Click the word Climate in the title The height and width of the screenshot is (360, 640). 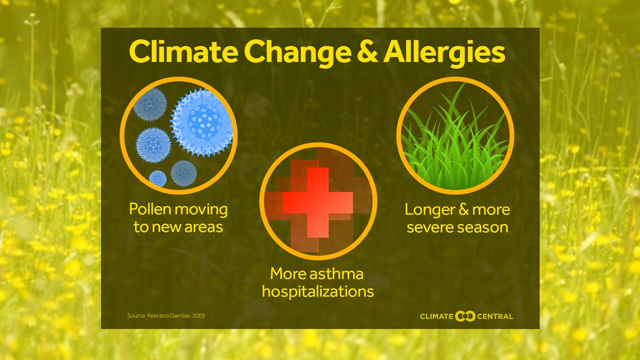183,52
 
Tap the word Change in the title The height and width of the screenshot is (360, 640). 298,53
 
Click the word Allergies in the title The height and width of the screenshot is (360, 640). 444,53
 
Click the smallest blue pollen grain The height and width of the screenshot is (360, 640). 158,179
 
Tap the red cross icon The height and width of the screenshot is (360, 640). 318,202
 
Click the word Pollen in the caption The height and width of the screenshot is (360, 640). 150,209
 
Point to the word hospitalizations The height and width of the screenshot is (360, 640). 318,291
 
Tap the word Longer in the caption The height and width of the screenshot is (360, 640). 428,210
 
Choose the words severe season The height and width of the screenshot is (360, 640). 458,227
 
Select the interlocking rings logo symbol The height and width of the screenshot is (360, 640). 465,316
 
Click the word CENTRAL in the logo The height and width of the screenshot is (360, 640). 495,316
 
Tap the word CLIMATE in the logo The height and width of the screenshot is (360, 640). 437,316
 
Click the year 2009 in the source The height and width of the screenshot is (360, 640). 198,316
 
